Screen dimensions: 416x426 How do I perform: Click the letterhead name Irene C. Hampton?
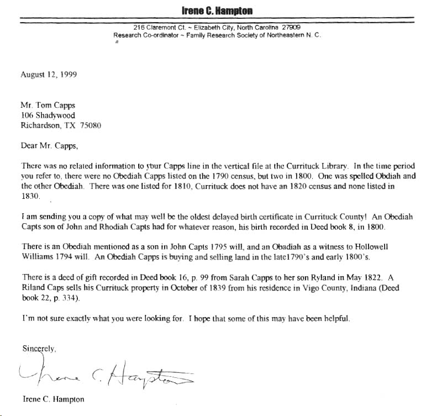(x=217, y=10)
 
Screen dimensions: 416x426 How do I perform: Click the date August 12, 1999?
(x=49, y=74)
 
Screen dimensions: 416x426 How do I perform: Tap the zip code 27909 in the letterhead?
(x=291, y=28)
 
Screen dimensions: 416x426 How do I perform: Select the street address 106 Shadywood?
(x=48, y=115)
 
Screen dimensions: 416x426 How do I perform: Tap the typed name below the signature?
(x=54, y=399)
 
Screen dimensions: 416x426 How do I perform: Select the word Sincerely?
(x=39, y=349)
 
